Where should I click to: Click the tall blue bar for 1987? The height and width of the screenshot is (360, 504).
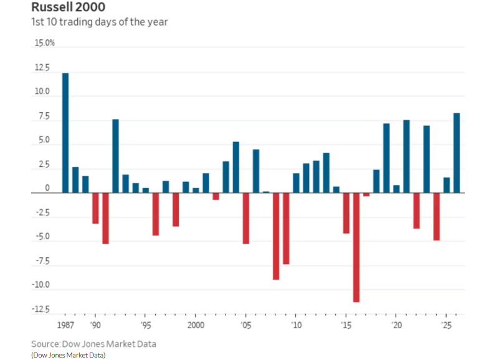65,133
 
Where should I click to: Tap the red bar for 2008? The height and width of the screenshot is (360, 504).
276,236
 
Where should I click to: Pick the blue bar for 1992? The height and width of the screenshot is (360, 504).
115,156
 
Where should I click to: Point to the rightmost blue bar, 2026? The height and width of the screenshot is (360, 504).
457,153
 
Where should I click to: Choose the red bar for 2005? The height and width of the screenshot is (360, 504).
246,218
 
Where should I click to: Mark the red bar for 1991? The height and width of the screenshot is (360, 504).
105,218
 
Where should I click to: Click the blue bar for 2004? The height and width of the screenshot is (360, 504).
236,168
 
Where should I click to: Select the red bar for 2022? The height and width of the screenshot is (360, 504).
416,211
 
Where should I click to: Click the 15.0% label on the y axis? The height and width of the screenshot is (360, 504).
45,44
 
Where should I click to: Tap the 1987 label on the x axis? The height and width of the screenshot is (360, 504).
65,326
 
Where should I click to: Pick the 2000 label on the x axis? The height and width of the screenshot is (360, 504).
196,326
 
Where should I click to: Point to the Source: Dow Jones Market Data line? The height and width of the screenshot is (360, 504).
94,344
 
